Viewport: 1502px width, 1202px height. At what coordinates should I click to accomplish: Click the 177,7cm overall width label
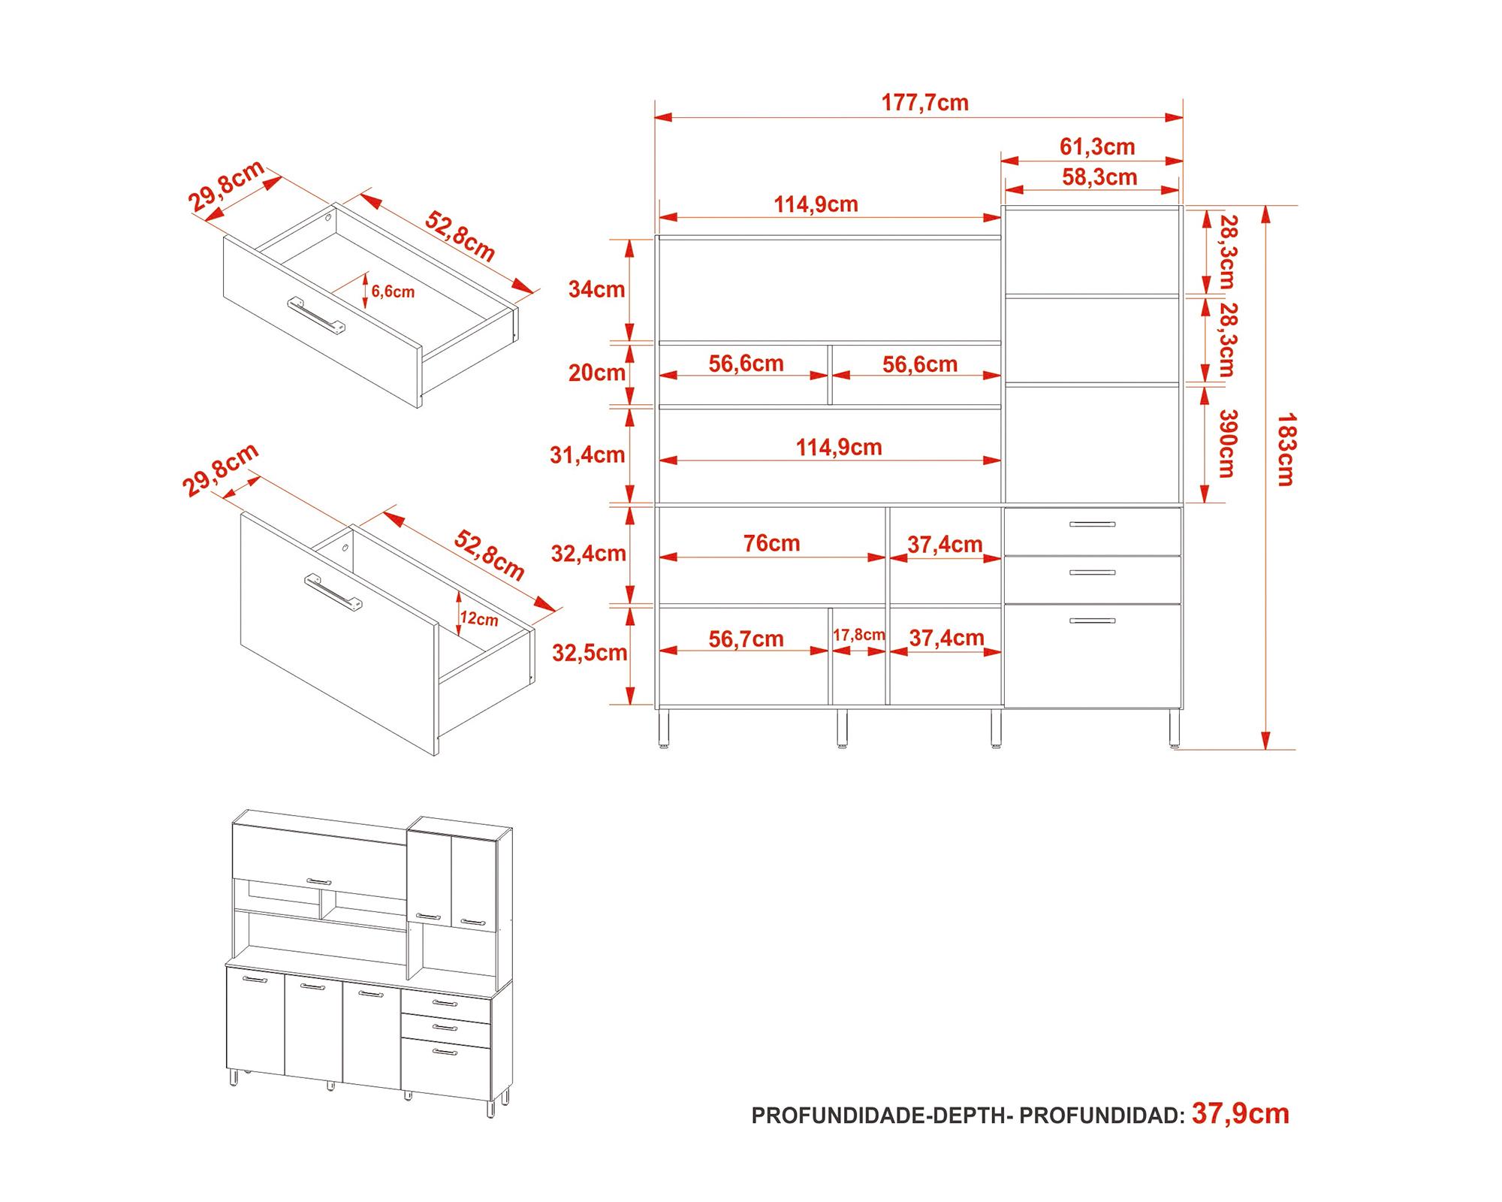(x=924, y=103)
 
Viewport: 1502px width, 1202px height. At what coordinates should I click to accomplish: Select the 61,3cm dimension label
(x=1096, y=146)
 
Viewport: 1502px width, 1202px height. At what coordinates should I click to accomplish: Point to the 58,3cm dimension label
(x=1099, y=177)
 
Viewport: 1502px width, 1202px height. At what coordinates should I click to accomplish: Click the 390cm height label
(x=1226, y=443)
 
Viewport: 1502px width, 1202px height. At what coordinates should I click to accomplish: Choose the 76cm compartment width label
(x=771, y=543)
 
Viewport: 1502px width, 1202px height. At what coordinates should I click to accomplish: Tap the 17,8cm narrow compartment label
(x=858, y=635)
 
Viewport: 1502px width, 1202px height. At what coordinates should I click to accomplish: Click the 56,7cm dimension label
(x=746, y=639)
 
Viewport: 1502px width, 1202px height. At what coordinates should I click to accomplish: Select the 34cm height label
(x=596, y=289)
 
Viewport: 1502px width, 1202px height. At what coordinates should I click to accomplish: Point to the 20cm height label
(x=596, y=373)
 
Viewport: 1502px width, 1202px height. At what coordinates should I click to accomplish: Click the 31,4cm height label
(x=587, y=455)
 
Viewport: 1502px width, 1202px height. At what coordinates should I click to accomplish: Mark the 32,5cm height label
(x=590, y=653)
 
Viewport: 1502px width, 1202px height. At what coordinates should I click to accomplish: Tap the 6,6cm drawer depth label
(x=392, y=291)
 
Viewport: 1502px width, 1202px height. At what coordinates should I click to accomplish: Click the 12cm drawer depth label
(x=478, y=619)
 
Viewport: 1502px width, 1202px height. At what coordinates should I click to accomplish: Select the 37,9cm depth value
(x=1240, y=1114)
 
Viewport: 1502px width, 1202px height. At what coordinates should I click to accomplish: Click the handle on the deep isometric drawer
(x=333, y=593)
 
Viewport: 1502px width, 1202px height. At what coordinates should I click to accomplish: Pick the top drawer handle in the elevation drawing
(x=1092, y=524)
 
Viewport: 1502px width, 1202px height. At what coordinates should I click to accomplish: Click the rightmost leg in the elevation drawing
(x=1174, y=728)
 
